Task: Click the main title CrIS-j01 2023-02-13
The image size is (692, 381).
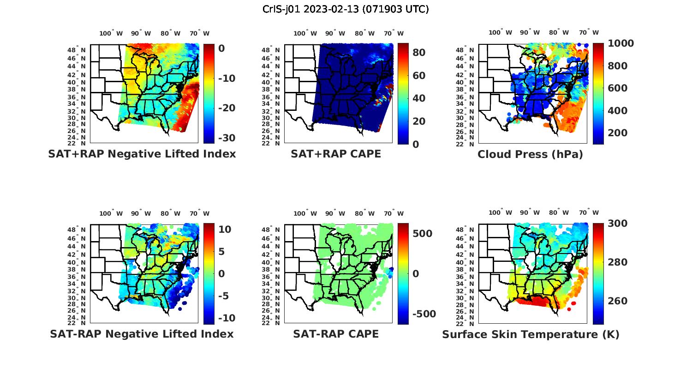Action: pos(346,9)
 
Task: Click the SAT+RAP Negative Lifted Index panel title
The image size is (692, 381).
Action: pos(142,154)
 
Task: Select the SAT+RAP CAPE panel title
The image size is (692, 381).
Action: pos(336,154)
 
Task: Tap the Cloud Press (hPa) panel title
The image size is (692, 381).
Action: pos(530,154)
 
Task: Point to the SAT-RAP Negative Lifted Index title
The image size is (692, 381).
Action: pos(142,334)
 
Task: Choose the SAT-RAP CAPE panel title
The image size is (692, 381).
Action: pos(336,334)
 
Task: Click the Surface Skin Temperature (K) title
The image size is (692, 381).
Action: pos(531,334)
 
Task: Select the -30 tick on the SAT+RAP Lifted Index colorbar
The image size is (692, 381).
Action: pos(226,138)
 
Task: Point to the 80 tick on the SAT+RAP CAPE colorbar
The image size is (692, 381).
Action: pos(419,53)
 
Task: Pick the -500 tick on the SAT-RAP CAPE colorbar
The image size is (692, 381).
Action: pos(424,314)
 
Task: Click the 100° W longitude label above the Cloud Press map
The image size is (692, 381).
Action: pos(500,33)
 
